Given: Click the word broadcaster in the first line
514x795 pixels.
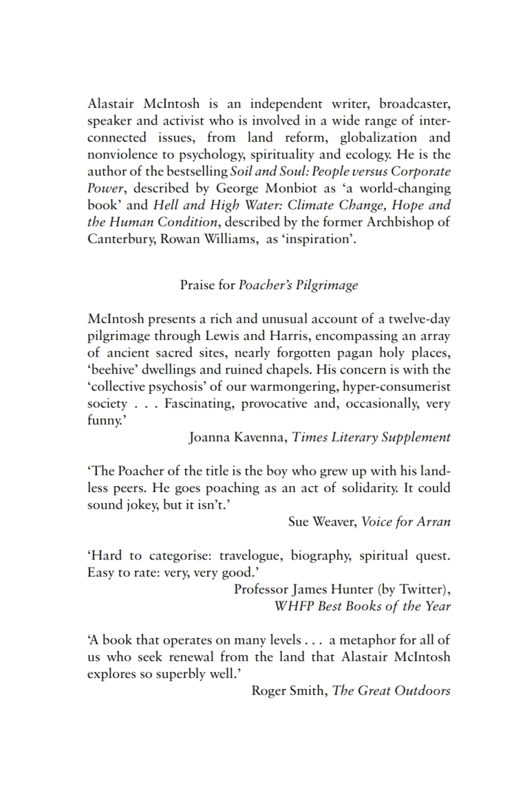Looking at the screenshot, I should pos(415,104).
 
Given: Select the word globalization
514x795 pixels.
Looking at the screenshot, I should pos(378,138).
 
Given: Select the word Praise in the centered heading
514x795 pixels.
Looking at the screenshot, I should pos(198,285).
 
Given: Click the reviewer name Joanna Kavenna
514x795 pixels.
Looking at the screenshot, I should pos(237,437).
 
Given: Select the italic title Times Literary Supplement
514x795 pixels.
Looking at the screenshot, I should pos(371,437).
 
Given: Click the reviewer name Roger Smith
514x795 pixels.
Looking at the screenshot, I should pos(289,691).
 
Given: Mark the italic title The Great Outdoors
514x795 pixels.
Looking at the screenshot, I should pos(391,691).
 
